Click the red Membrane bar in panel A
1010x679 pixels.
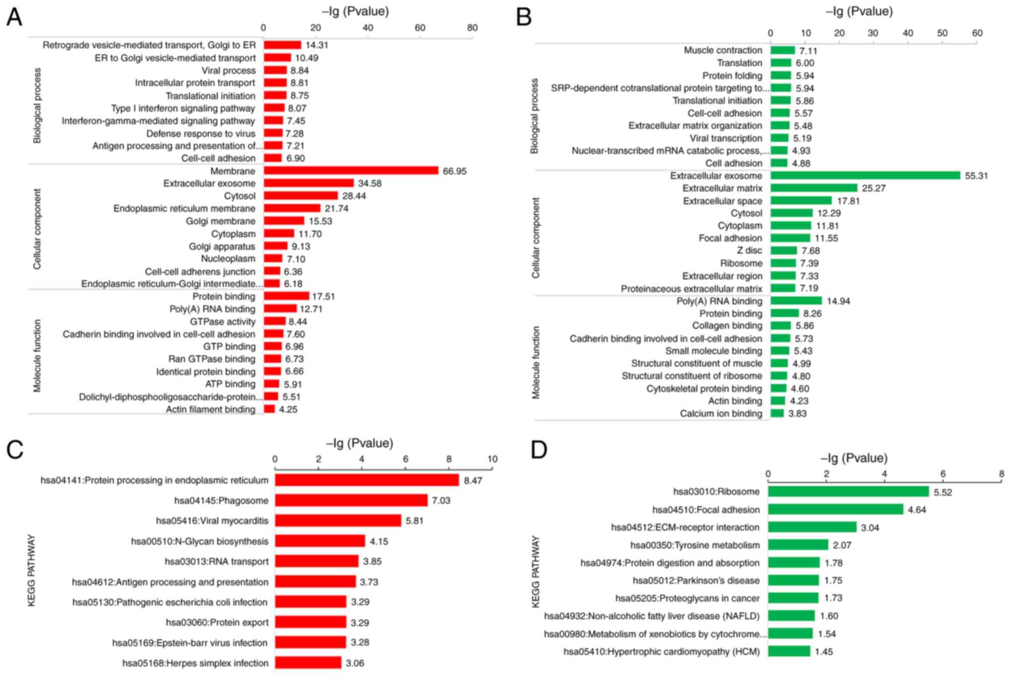click(x=351, y=171)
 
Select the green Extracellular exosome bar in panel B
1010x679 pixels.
click(x=865, y=175)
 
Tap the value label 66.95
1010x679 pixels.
click(x=454, y=171)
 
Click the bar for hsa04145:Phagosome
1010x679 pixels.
click(x=351, y=500)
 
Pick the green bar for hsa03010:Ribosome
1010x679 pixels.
click(x=848, y=492)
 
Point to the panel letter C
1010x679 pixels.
click(x=15, y=450)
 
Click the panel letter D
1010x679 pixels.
click(x=539, y=450)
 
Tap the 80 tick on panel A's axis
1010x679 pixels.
click(x=472, y=28)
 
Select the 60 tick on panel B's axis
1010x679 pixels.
click(x=977, y=33)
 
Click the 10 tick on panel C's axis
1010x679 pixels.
click(x=492, y=459)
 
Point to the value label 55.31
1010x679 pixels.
click(x=976, y=176)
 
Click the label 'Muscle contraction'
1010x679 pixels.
click(x=723, y=50)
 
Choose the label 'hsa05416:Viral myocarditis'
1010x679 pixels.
click(x=212, y=521)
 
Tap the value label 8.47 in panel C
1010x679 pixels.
click(x=473, y=481)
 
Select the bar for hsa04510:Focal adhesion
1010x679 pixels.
click(x=835, y=509)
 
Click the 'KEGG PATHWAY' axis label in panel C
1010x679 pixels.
click(x=32, y=570)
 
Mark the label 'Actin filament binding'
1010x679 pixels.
click(x=210, y=409)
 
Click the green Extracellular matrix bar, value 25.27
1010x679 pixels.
click(x=814, y=188)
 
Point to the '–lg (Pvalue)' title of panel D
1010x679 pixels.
click(x=854, y=458)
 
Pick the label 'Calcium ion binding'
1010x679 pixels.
click(x=721, y=413)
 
